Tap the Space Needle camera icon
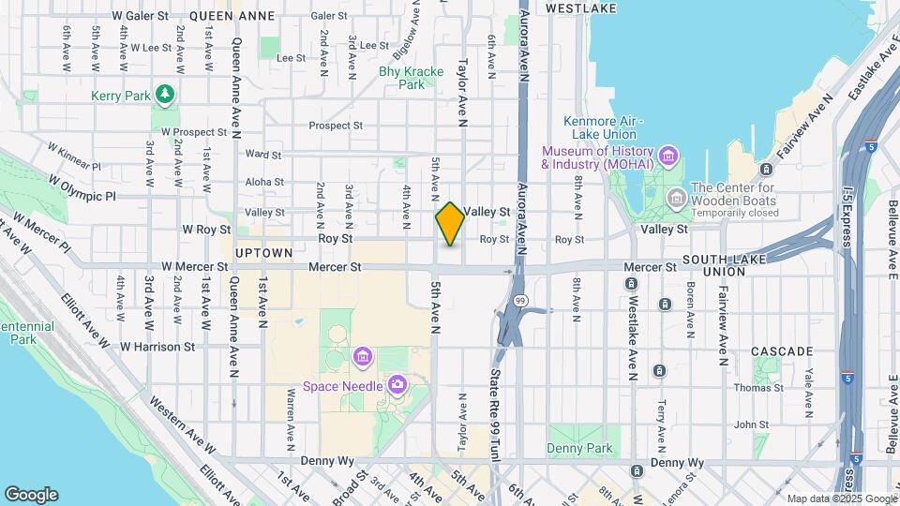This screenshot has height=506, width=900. [397, 384]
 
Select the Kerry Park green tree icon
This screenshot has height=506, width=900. [165, 94]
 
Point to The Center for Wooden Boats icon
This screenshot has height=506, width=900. [676, 199]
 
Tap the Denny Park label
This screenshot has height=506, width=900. [580, 448]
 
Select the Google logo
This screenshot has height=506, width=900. [31, 494]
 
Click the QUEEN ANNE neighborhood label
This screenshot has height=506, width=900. [232, 16]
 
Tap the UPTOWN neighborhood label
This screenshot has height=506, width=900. [264, 253]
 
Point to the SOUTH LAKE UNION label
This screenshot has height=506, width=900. [727, 265]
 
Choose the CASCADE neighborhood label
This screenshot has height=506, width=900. [782, 351]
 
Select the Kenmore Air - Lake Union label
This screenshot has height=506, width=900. [600, 127]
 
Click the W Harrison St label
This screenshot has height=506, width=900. [157, 346]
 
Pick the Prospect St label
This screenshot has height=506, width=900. [336, 126]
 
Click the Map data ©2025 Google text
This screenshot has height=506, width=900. [841, 499]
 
